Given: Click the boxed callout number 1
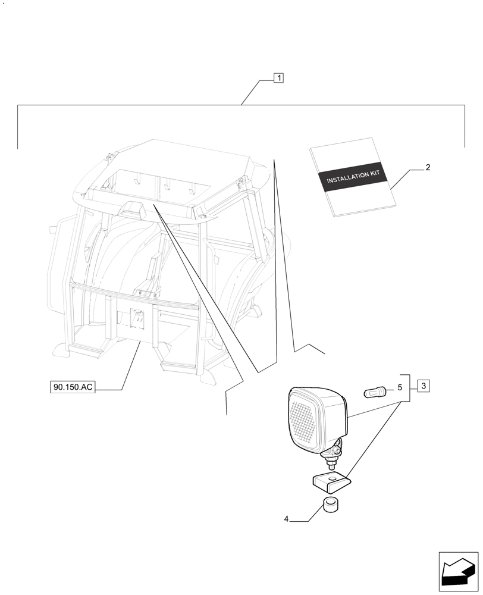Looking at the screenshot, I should (279, 77).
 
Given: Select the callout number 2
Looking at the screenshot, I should (428, 168).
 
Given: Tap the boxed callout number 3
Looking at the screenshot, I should (423, 386).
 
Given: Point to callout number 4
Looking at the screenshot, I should (286, 519).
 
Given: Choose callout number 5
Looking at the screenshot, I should (399, 388).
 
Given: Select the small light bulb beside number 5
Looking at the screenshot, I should (375, 392).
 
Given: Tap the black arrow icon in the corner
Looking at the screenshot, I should (458, 572).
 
